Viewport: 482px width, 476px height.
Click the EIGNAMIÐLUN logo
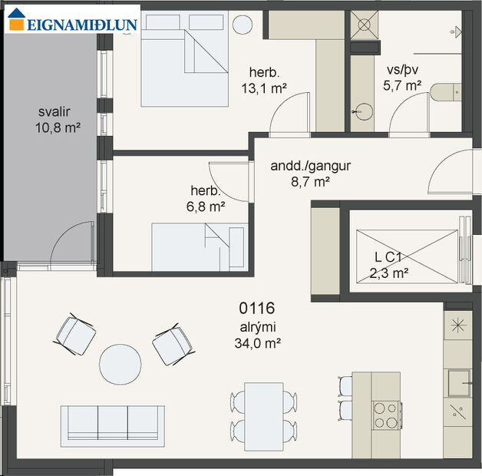(x=73, y=22)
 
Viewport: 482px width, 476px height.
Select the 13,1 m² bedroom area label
(x=262, y=81)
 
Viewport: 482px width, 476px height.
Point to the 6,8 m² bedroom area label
(x=206, y=199)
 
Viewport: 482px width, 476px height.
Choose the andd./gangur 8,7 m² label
(x=300, y=174)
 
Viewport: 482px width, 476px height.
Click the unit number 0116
(x=256, y=309)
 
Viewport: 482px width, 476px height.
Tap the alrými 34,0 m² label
(x=256, y=336)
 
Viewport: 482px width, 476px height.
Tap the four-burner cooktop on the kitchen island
(x=385, y=415)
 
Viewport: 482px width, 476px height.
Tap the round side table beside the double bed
(x=242, y=25)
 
